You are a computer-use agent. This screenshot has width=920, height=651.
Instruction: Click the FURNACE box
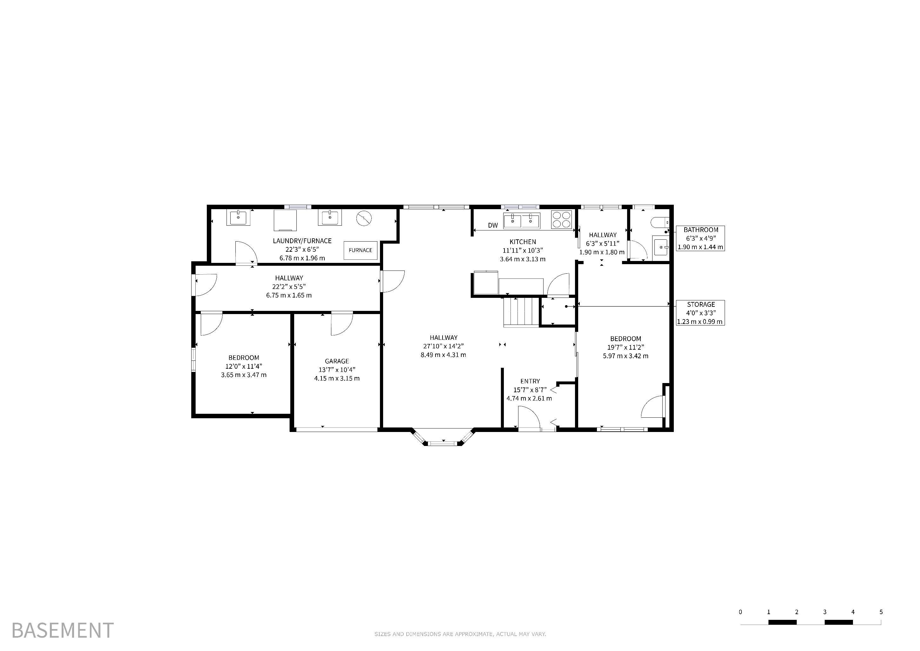[360, 250]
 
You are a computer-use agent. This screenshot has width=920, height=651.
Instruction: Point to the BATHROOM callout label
[701, 230]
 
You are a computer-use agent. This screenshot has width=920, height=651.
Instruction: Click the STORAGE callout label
[701, 304]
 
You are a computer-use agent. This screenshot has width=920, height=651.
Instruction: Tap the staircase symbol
[521, 312]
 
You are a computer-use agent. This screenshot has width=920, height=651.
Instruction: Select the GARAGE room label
[337, 361]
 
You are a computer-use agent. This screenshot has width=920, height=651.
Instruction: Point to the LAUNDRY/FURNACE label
[302, 241]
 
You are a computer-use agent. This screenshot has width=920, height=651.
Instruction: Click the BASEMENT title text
[63, 630]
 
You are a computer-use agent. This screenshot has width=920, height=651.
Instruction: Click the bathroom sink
[661, 247]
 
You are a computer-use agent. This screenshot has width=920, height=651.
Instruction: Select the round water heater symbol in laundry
[364, 218]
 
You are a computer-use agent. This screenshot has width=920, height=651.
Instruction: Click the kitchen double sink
[522, 221]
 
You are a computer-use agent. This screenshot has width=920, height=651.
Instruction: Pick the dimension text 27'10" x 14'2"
[443, 346]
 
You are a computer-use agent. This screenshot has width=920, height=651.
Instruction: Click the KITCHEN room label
[523, 242]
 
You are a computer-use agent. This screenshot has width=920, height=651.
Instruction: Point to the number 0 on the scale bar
[740, 612]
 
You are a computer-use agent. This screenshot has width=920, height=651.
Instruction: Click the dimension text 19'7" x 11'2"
[626, 347]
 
